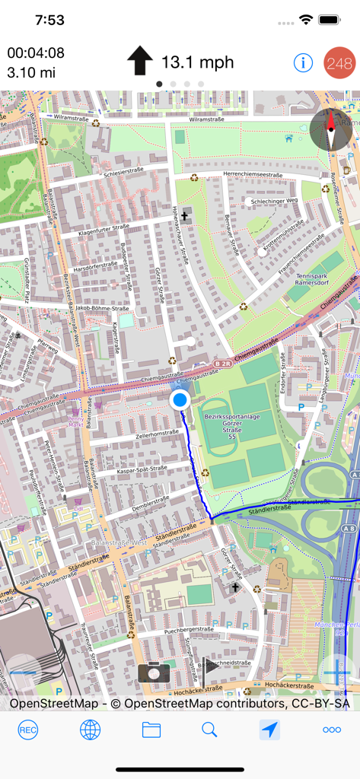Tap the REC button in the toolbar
[x=28, y=730]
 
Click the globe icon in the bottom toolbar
[x=90, y=730]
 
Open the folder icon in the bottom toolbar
[x=151, y=730]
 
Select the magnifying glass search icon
[x=209, y=730]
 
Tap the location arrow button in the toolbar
[x=269, y=730]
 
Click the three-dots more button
[x=332, y=730]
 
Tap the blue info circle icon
[x=303, y=63]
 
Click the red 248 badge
[x=339, y=63]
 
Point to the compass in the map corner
[x=331, y=129]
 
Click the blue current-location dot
[x=180, y=399]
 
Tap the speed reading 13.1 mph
[x=197, y=62]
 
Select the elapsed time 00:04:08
[x=36, y=53]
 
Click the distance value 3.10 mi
[x=31, y=73]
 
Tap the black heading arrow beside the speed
[x=140, y=61]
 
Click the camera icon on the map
[x=153, y=672]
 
